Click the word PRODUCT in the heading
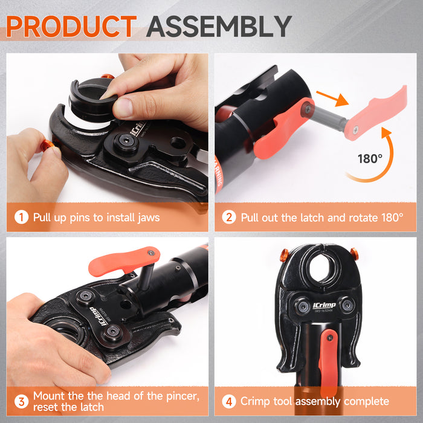[x=71, y=27]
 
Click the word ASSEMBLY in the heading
[x=219, y=27]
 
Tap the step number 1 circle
[x=21, y=217]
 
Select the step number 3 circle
[x=21, y=401]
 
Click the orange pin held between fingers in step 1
[x=49, y=146]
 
